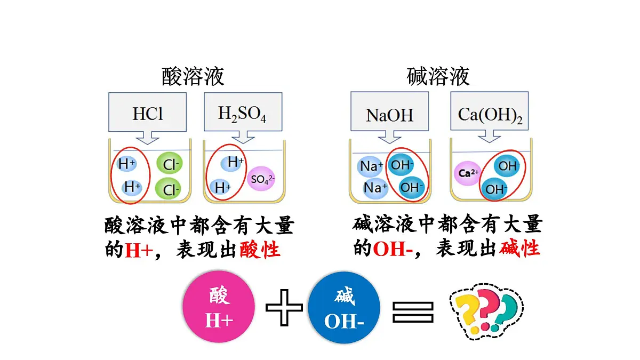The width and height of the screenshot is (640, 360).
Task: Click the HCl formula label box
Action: [x=147, y=112]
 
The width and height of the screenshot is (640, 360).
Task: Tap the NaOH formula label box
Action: [x=390, y=111]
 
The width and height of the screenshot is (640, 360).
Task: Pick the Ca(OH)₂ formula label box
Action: [x=490, y=111]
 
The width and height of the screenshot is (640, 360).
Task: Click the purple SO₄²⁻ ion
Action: [x=261, y=179]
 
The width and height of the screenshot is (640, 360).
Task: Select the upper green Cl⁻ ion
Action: [x=170, y=164]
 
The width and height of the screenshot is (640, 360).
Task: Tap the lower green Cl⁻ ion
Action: [x=168, y=189]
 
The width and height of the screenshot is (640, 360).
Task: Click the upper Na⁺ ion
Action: [x=370, y=166]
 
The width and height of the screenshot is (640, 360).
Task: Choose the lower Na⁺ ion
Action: [x=375, y=188]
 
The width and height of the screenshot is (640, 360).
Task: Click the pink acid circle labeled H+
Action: [x=219, y=307]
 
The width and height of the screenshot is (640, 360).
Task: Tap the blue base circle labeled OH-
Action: [x=344, y=307]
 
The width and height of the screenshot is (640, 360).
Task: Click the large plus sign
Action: [x=284, y=307]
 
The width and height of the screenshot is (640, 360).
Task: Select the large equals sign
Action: [x=413, y=313]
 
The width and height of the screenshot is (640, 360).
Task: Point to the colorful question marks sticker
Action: [x=486, y=311]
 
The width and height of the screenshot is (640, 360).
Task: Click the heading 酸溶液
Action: [x=193, y=76]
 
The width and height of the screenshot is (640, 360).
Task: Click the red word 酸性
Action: [x=260, y=249]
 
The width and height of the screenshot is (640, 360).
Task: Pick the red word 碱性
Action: [x=519, y=248]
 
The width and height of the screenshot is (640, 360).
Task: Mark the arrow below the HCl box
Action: [x=147, y=138]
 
